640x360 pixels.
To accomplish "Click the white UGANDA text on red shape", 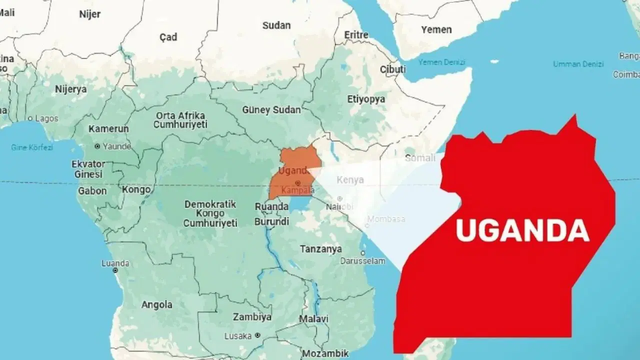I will pyautogui.click(x=522, y=231).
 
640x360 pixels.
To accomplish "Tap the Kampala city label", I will pyautogui.click(x=297, y=190).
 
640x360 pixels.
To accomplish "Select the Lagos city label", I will pyautogui.click(x=45, y=118).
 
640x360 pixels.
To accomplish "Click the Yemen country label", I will pyautogui.click(x=436, y=29).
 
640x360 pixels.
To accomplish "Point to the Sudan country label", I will pyautogui.click(x=276, y=25).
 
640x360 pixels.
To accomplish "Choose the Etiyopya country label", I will pyautogui.click(x=367, y=99).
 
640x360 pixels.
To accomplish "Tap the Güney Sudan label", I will pyautogui.click(x=271, y=109).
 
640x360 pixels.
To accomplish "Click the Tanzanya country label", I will pyautogui.click(x=320, y=248).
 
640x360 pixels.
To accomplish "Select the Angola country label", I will pyautogui.click(x=156, y=304).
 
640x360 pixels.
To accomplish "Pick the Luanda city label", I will pyautogui.click(x=115, y=263).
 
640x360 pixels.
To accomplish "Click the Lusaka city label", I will pyautogui.click(x=238, y=336).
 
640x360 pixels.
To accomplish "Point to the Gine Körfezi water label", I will pyautogui.click(x=32, y=147).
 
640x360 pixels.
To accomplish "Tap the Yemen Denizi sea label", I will pyautogui.click(x=441, y=62).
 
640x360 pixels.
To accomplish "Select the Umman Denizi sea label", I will pyautogui.click(x=578, y=64).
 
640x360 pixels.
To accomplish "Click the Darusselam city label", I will pyautogui.click(x=362, y=261).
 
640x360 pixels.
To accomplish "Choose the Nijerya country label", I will pyautogui.click(x=70, y=89).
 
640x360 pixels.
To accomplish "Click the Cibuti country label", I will pyautogui.click(x=392, y=69).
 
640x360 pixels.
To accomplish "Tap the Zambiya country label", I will pyautogui.click(x=252, y=317).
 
